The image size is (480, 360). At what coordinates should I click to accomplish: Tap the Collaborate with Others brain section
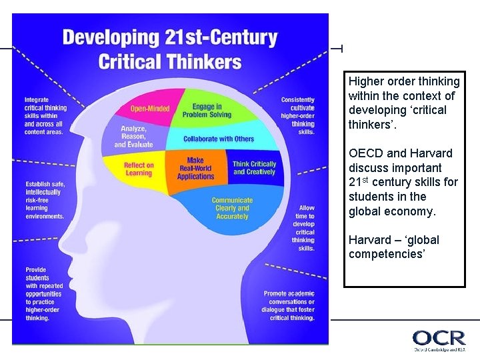(219, 139)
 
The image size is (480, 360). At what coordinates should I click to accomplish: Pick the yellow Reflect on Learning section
(139, 169)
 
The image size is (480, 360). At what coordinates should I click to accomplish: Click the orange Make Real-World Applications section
(195, 169)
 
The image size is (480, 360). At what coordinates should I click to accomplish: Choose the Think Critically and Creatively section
(253, 168)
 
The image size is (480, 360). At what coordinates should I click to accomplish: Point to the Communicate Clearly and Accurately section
(232, 208)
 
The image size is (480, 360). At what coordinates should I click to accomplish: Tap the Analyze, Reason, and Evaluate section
(133, 137)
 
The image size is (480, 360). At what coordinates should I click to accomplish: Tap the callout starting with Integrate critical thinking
(44, 115)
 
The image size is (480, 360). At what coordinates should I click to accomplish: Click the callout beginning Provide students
(43, 294)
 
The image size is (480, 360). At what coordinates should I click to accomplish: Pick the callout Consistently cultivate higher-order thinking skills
(297, 115)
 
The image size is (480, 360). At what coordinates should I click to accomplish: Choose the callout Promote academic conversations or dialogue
(289, 305)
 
